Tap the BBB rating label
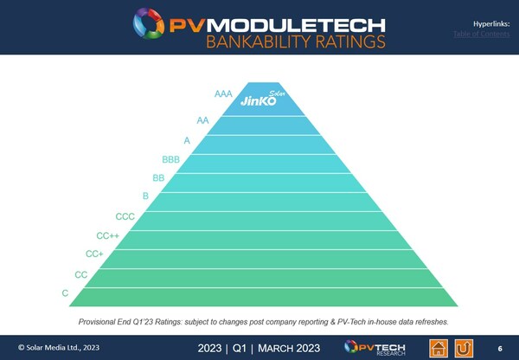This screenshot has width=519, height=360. pyautogui.click(x=171, y=159)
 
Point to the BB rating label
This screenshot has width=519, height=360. pyautogui.click(x=158, y=177)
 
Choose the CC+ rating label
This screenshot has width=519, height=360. pyautogui.click(x=95, y=254)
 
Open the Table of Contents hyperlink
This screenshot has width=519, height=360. pyautogui.click(x=479, y=34)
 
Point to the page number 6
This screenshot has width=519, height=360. pyautogui.click(x=499, y=348)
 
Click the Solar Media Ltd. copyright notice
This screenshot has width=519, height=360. pyautogui.click(x=48, y=348)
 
